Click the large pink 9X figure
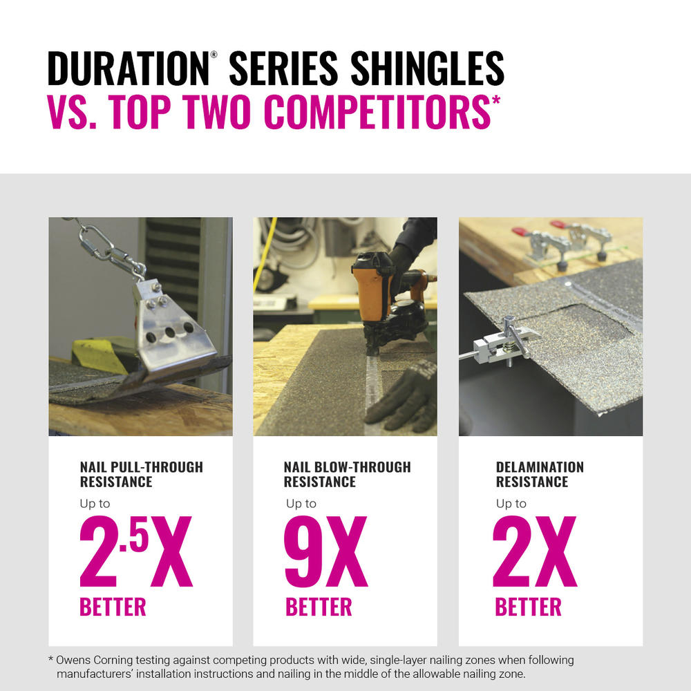coord(325,553)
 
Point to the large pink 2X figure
coord(534,553)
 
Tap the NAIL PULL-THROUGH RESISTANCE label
coord(141,474)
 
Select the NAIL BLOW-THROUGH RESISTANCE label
coord(347,474)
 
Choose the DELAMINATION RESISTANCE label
coord(540,474)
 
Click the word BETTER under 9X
coord(319,607)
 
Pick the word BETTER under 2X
coord(529,607)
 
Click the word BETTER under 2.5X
coord(113,607)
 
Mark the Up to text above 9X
coord(301,504)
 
